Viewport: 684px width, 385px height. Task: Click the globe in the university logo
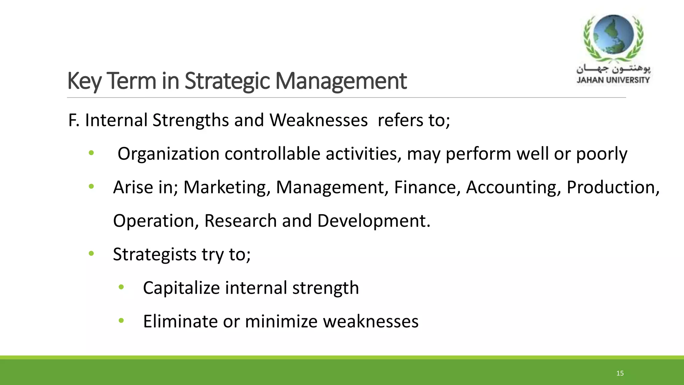point(613,35)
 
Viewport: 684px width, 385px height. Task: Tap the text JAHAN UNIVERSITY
point(613,80)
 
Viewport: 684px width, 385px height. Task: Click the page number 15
point(620,373)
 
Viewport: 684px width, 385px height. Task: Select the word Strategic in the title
point(227,81)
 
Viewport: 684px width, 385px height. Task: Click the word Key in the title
point(83,81)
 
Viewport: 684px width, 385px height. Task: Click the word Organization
point(168,154)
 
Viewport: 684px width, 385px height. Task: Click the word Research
point(240,221)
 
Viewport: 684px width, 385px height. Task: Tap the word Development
point(374,221)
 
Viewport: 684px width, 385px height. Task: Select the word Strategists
point(155,255)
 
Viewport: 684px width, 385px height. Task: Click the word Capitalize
point(181,288)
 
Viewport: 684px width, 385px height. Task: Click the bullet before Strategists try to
point(92,254)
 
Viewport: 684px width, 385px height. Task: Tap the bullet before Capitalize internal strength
point(121,287)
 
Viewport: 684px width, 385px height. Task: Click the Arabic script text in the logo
point(613,69)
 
